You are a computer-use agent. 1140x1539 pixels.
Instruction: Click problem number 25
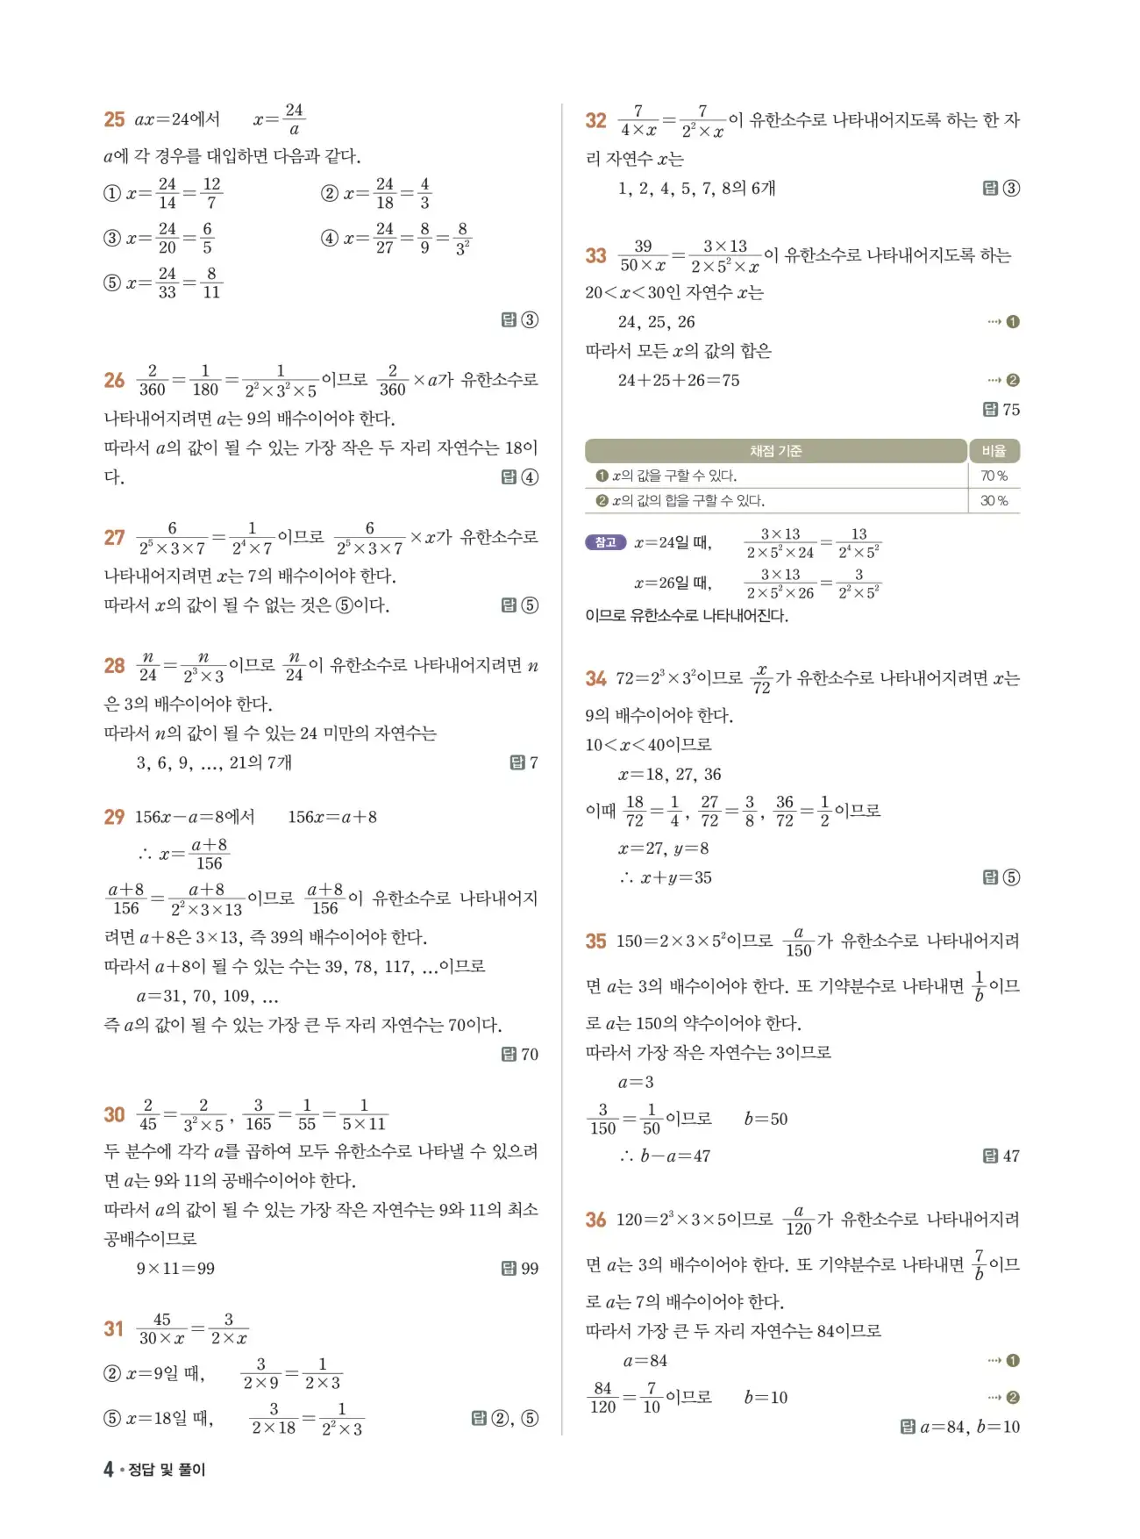tap(114, 119)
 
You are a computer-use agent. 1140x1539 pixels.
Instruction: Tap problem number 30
tap(114, 1114)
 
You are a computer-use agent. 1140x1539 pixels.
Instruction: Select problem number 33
tap(595, 255)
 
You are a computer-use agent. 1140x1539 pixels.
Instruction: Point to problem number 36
tap(595, 1220)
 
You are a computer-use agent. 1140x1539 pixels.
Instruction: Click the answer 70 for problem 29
tap(530, 1055)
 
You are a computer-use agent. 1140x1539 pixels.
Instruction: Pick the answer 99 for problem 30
tap(530, 1269)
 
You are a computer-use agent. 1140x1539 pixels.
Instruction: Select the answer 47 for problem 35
tap(1011, 1156)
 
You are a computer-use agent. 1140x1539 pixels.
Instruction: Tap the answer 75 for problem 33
tap(1011, 410)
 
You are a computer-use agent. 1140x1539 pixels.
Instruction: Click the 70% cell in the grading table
tap(994, 476)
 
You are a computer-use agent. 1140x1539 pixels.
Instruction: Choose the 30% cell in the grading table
tap(994, 501)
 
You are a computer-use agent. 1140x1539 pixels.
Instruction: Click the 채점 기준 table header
tap(775, 451)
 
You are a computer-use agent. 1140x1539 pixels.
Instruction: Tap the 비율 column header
tap(994, 451)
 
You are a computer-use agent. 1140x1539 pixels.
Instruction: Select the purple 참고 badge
tap(605, 542)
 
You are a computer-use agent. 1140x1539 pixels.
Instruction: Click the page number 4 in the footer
tap(109, 1469)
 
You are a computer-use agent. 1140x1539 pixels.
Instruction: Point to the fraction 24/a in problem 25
tap(294, 119)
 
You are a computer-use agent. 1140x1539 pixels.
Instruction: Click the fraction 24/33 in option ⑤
tap(167, 283)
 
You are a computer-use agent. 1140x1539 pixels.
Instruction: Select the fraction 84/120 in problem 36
tap(602, 1398)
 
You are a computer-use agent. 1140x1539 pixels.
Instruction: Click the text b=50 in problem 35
tap(766, 1120)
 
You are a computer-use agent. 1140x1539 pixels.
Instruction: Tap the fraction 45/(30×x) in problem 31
tap(162, 1329)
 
